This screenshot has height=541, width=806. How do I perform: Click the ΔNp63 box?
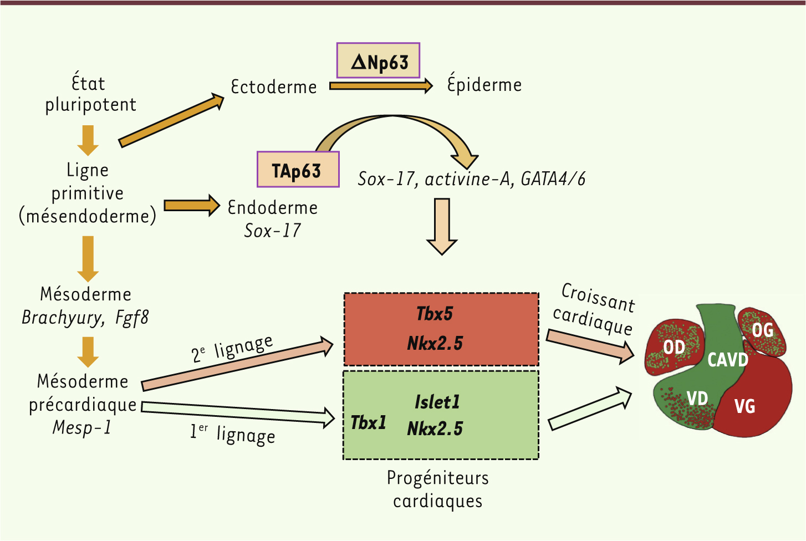(378, 60)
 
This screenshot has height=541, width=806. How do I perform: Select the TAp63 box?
(298, 170)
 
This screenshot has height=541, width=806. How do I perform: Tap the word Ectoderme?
(274, 87)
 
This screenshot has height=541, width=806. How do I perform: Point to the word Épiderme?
(484, 84)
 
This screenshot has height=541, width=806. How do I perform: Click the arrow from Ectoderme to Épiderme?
(380, 85)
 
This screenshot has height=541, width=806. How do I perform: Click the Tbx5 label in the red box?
(435, 314)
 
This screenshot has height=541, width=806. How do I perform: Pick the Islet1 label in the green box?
(437, 401)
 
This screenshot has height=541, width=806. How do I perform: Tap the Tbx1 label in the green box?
(369, 422)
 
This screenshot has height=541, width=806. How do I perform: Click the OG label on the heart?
(762, 330)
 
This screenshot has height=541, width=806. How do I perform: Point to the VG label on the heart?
(744, 406)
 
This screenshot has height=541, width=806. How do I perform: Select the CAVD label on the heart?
(727, 360)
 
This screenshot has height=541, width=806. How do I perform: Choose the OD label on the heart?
(674, 348)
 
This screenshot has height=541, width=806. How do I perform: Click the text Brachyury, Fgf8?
(85, 318)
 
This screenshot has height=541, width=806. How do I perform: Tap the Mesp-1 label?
(82, 427)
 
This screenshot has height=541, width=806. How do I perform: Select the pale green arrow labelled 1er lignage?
(238, 413)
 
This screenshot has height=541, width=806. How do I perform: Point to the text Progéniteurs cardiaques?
(437, 489)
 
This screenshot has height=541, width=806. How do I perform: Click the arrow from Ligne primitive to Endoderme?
(192, 205)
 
